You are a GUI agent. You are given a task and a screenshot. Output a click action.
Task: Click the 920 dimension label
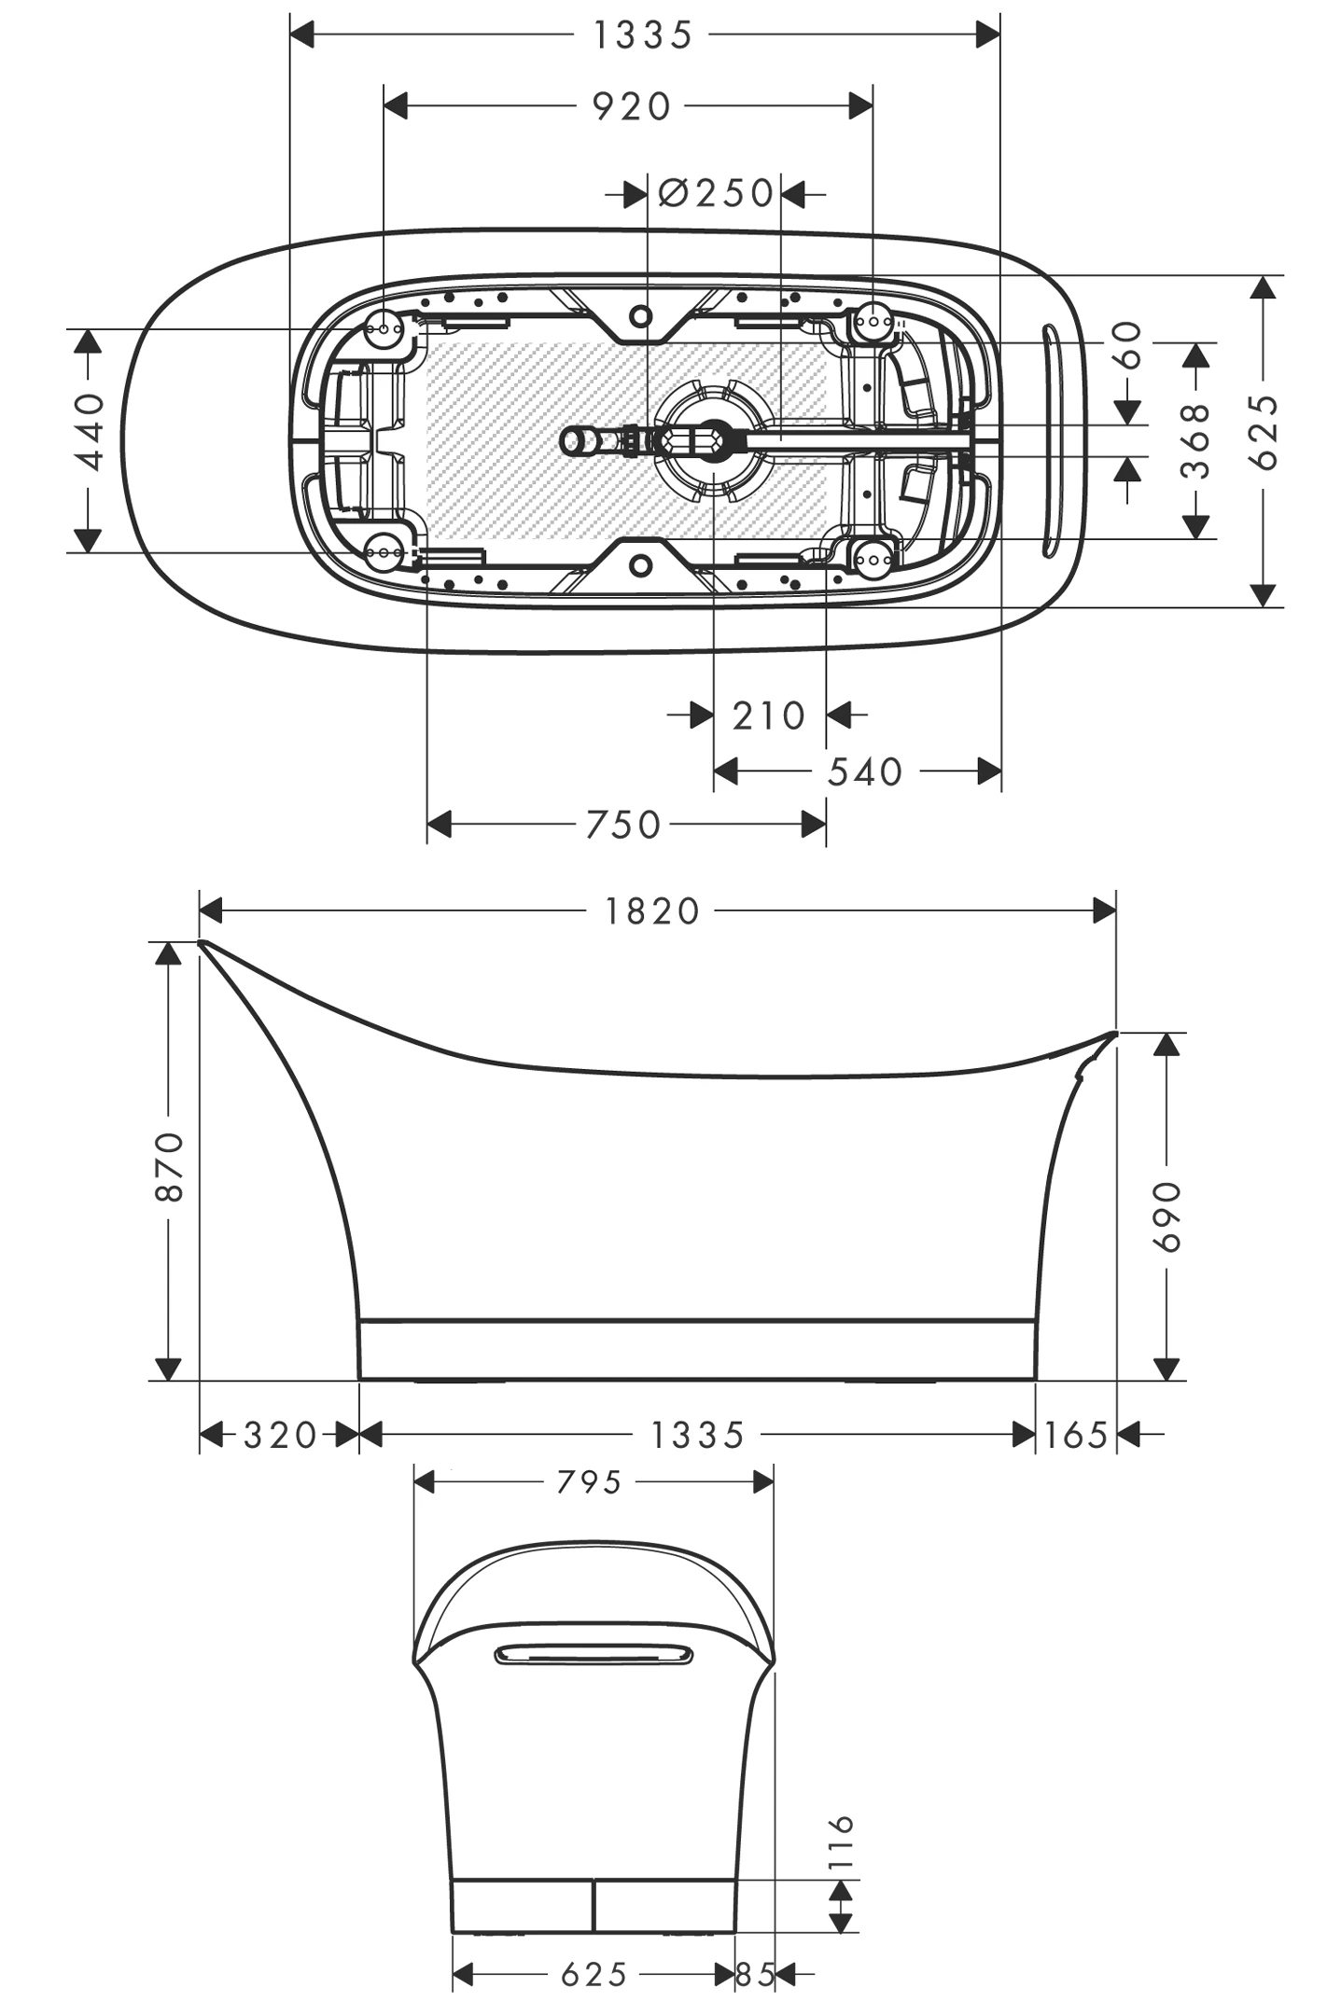point(632,107)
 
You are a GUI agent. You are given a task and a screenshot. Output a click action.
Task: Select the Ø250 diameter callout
point(716,193)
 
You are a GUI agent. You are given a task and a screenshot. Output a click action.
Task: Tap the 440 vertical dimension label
point(90,431)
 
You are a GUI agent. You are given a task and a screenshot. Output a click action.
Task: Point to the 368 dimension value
point(1195,440)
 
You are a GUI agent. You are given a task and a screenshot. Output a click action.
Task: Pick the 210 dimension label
point(768,716)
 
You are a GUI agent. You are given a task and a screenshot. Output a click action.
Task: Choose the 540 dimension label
point(865,771)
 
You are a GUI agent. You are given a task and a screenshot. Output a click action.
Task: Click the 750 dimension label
point(623,825)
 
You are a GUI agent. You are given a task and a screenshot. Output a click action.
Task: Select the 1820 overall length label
point(652,910)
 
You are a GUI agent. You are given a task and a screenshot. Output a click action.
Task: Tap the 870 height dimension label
point(170,1166)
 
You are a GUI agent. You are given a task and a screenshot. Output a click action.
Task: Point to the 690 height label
point(1166,1216)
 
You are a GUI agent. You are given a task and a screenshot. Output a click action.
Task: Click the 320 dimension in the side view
point(280,1434)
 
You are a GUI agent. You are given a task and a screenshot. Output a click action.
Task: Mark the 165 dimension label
point(1075,1434)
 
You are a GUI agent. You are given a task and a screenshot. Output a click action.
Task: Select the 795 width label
point(589,1481)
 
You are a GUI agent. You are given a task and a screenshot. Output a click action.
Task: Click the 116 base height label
point(841,1841)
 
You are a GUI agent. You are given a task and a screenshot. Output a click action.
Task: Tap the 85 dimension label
point(755,1974)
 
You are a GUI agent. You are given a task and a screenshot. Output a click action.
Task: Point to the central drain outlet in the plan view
point(714,441)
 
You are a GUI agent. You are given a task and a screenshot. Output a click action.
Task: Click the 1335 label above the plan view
point(643,35)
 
